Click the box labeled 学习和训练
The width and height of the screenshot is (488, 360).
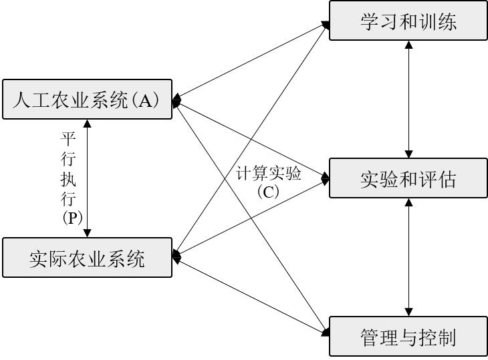pyautogui.click(x=408, y=21)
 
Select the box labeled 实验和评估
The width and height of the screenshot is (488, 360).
pyautogui.click(x=408, y=178)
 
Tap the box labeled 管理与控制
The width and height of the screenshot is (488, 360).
pyautogui.click(x=408, y=337)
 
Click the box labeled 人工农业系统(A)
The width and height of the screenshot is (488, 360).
pyautogui.click(x=87, y=99)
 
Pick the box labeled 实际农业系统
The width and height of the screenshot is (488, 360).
pyautogui.click(x=87, y=257)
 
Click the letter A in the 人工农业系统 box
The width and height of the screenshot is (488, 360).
pyautogui.click(x=146, y=100)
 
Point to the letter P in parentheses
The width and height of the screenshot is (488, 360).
pyautogui.click(x=72, y=218)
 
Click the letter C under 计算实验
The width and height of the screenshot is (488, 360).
pyautogui.click(x=268, y=192)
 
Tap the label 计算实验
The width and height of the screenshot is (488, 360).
pyautogui.click(x=268, y=173)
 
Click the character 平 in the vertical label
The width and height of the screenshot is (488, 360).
pyautogui.click(x=68, y=139)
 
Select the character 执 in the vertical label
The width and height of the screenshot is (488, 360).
pyautogui.click(x=68, y=179)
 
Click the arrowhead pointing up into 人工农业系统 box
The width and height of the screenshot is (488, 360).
pyautogui.click(x=88, y=124)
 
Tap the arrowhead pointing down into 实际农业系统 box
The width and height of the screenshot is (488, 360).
pyautogui.click(x=88, y=234)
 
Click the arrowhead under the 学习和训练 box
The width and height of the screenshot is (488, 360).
pyautogui.click(x=408, y=45)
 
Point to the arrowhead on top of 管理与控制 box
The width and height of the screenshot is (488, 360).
pyautogui.click(x=408, y=312)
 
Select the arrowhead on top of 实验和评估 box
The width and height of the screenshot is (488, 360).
pyautogui.click(x=408, y=154)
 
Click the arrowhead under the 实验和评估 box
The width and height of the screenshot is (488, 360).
pyautogui.click(x=408, y=202)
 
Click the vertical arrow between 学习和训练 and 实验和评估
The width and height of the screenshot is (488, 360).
pyautogui.click(x=408, y=99)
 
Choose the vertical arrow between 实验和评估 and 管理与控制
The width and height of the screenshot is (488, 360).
pyautogui.click(x=408, y=257)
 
